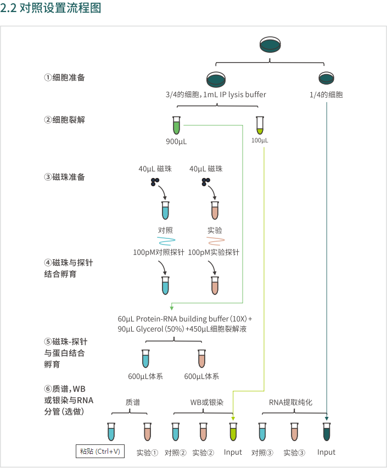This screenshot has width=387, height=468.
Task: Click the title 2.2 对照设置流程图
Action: click(x=51, y=9)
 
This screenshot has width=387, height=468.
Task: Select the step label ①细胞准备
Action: click(x=65, y=77)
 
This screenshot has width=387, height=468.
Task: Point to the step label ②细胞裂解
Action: click(x=65, y=119)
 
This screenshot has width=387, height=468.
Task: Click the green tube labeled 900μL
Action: click(x=176, y=125)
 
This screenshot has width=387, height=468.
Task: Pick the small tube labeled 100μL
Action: click(x=260, y=126)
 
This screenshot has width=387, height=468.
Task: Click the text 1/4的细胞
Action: click(x=326, y=94)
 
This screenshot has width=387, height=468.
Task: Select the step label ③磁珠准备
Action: click(x=65, y=177)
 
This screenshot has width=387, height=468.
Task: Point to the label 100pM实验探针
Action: click(x=214, y=253)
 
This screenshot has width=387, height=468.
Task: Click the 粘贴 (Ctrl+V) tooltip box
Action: click(x=100, y=452)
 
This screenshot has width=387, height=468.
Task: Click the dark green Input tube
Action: click(x=327, y=432)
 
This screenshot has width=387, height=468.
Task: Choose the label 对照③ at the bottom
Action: click(x=262, y=453)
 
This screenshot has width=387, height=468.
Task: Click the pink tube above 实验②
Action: click(x=203, y=432)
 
